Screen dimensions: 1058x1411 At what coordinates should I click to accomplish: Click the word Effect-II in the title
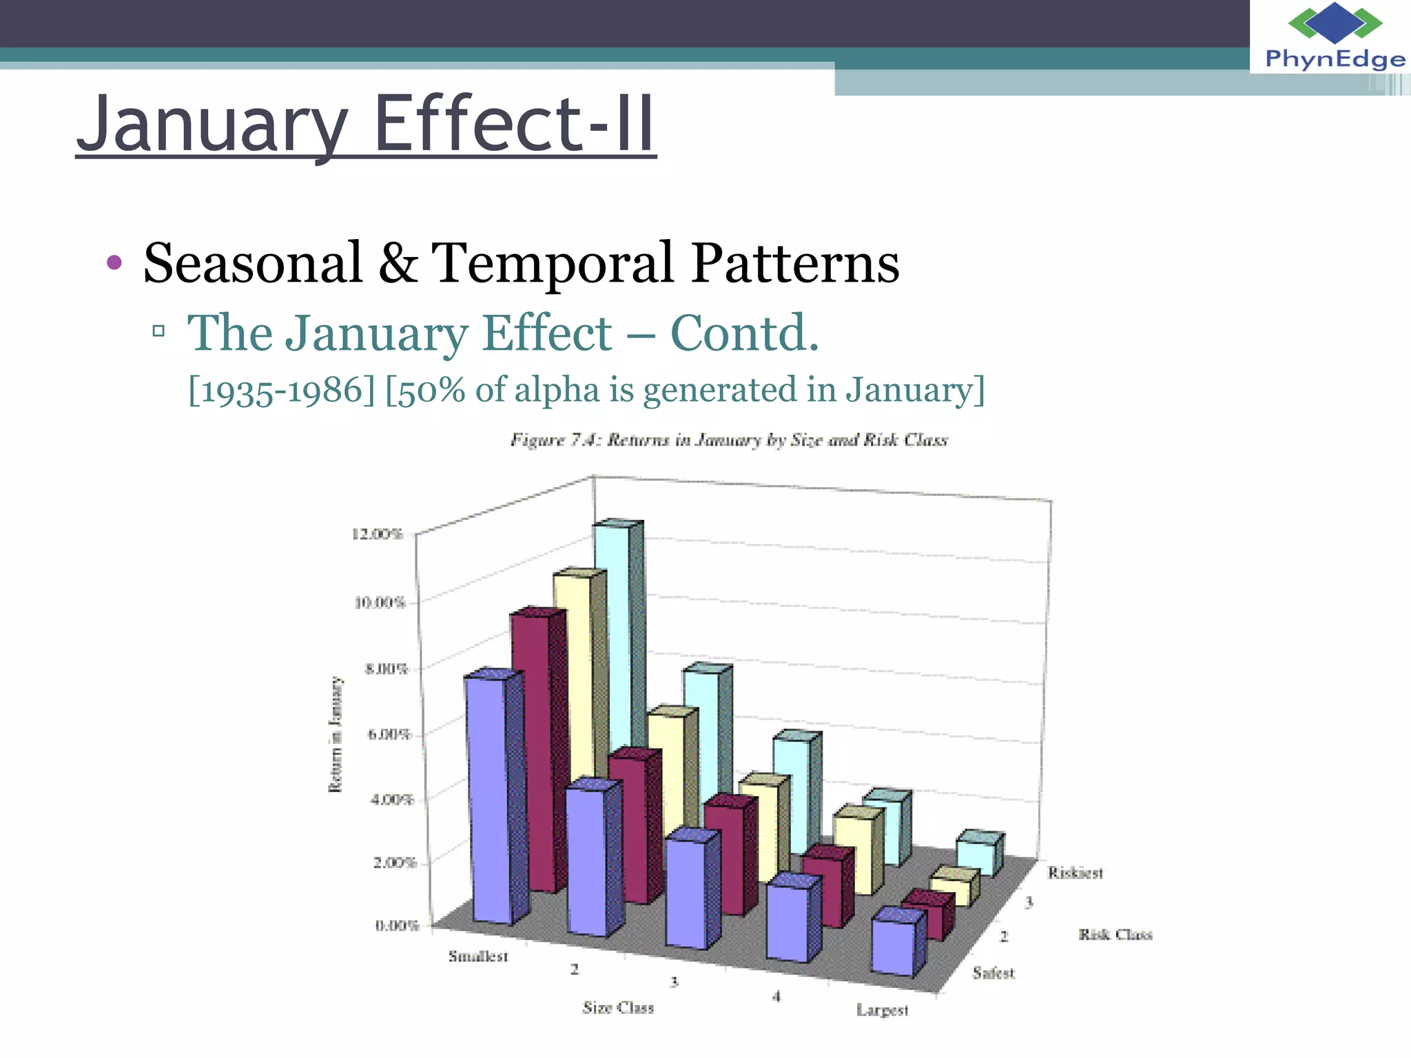(513, 125)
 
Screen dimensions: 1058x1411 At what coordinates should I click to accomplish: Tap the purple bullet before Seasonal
(114, 262)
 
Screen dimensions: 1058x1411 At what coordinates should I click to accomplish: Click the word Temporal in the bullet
(552, 263)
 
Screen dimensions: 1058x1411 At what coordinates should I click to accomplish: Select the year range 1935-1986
(281, 391)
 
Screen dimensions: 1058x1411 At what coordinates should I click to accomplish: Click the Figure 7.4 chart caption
(729, 439)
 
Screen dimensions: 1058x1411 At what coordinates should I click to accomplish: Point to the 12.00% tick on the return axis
(377, 534)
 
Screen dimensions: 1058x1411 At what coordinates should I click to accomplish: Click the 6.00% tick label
(389, 734)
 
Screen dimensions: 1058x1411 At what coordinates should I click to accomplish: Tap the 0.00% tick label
(397, 925)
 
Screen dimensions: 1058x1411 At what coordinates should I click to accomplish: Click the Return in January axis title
(336, 734)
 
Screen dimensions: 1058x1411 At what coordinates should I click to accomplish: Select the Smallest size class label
(478, 956)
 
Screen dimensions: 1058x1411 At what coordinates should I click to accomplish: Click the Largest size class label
(882, 1010)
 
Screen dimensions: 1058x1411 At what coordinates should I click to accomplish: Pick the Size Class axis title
(618, 1008)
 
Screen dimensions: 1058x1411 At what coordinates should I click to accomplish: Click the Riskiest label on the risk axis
(1075, 873)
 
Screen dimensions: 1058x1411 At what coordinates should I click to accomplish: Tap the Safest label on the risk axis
(993, 973)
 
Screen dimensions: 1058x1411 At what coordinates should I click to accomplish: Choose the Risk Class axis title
(1115, 934)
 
